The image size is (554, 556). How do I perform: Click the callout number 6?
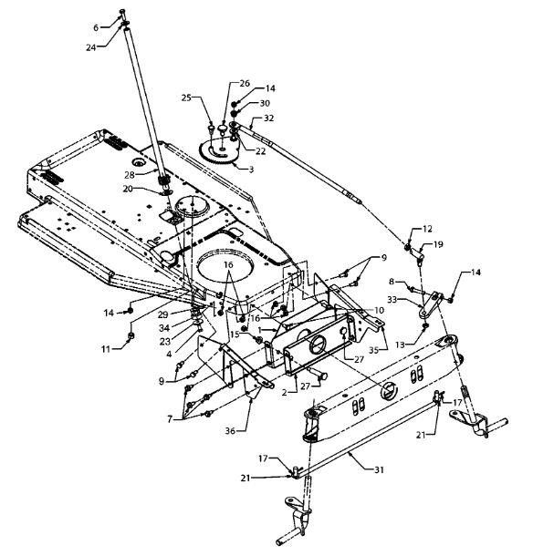pos(96,27)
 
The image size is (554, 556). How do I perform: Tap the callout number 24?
pos(91,47)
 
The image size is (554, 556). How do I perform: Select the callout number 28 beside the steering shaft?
pos(130,175)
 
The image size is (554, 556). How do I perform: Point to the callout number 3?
pos(251,170)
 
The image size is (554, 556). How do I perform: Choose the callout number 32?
pos(269,118)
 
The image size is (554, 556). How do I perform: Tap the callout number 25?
pos(186,98)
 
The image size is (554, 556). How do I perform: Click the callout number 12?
pos(427,229)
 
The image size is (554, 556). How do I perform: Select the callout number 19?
pos(438,244)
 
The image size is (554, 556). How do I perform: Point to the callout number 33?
pos(392,300)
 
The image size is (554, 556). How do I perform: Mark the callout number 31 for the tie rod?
pos(380,469)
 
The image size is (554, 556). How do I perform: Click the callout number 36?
pos(230,431)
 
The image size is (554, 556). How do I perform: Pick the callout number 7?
pos(170,420)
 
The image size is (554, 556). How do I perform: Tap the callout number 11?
pos(106,349)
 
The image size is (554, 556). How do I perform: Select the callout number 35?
pos(373,350)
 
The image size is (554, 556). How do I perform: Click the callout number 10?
pos(380,310)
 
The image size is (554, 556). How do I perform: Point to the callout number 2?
pos(284,392)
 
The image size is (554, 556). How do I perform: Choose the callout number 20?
pos(128,189)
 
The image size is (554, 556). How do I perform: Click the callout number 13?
pos(401,345)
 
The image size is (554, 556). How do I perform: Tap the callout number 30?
pos(265,103)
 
